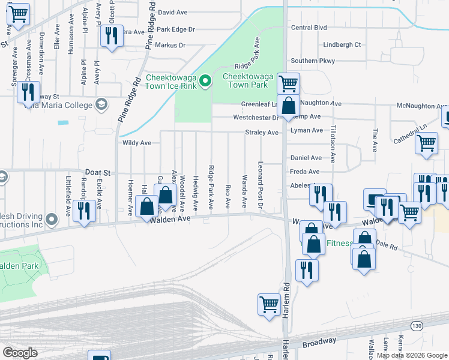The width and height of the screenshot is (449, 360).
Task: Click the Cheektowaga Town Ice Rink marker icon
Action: (205, 80)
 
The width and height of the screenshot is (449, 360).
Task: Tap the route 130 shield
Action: (416, 325)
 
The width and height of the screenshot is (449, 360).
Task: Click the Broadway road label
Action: (319, 342)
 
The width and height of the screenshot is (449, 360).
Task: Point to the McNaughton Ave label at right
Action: (423, 106)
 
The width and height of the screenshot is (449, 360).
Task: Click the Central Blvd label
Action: (309, 28)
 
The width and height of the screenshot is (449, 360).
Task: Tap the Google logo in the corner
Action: (20, 352)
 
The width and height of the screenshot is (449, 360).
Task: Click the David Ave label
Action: (173, 12)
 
